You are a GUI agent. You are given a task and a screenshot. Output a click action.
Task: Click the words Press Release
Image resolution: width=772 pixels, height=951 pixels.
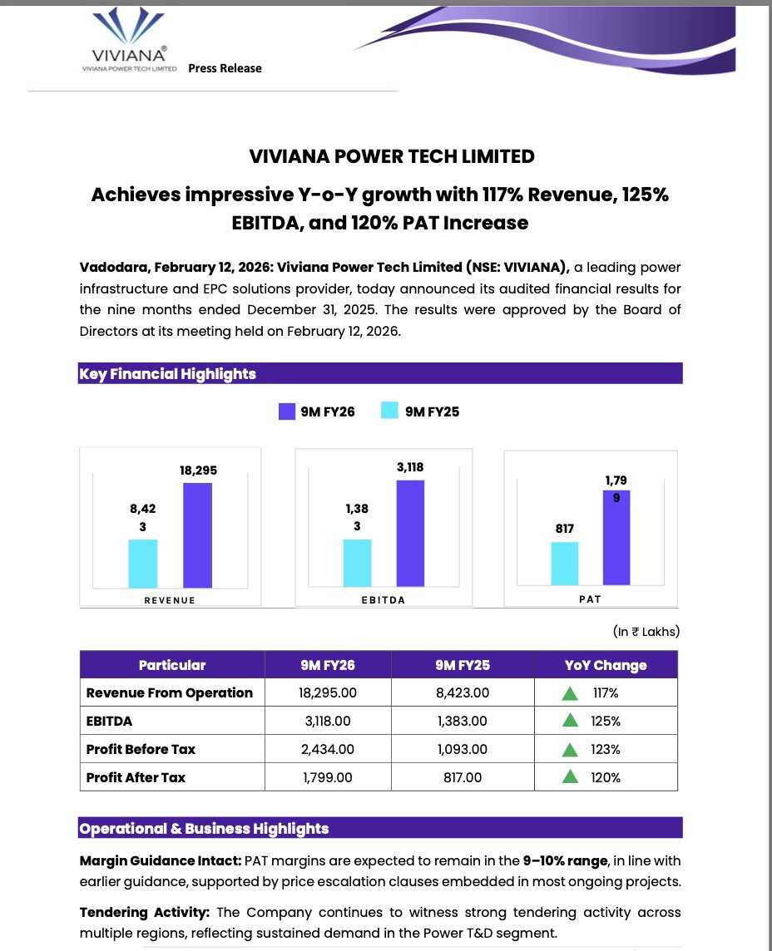pos(225,68)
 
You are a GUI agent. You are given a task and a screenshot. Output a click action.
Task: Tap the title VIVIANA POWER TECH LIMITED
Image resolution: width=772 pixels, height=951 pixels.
pos(392,156)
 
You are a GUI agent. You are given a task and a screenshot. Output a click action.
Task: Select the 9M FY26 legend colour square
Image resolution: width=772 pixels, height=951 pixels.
pos(287,411)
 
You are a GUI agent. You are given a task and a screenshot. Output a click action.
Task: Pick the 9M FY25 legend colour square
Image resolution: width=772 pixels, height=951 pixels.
pos(388,411)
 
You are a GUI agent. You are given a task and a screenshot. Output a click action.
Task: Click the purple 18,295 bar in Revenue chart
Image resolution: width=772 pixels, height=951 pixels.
pos(197,536)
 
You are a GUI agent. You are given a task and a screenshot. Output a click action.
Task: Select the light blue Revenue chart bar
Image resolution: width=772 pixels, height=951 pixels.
pos(142,564)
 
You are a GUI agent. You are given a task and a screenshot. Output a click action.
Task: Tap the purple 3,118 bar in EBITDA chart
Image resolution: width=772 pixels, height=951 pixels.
pos(410,534)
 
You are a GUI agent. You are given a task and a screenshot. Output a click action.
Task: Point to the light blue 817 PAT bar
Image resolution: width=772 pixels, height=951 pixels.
pos(565,564)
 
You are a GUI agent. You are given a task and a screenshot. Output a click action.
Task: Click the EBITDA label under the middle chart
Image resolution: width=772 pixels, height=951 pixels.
pos(384,600)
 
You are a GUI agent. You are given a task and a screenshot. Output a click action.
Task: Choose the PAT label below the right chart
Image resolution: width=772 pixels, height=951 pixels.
pos(590,599)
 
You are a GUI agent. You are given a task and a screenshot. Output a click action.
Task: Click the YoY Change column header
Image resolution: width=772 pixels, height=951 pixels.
pos(605,665)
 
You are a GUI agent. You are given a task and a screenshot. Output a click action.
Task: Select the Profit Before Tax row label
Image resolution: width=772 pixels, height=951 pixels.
pos(141,749)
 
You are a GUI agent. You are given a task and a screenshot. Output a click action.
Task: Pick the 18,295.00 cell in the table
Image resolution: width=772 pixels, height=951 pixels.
pos(327,693)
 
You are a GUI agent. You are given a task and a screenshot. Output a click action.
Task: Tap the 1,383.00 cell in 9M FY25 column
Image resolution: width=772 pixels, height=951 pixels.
pos(462,722)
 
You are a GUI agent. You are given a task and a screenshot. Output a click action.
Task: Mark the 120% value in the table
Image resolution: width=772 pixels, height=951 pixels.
pos(606,778)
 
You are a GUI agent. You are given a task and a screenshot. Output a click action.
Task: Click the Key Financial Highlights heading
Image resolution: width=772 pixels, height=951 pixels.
pos(167,374)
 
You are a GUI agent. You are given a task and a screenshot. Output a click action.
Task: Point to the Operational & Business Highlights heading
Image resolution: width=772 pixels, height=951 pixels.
pos(204,829)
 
